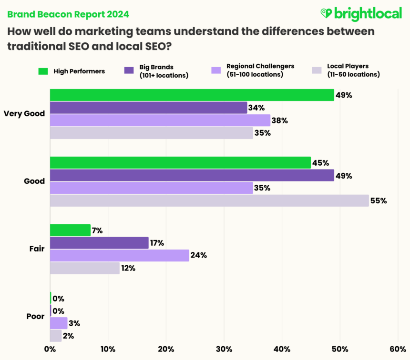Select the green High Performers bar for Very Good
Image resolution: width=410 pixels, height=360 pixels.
point(192,95)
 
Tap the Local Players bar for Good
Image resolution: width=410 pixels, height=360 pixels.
point(209,200)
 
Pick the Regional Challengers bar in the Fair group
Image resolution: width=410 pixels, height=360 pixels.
point(119,256)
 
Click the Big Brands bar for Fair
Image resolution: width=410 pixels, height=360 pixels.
point(99,243)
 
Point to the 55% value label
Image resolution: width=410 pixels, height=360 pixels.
point(379,201)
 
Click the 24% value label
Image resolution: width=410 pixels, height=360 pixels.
point(199,256)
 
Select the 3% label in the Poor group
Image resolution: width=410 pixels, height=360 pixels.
point(74,323)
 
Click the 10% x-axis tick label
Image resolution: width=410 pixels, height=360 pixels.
point(108,349)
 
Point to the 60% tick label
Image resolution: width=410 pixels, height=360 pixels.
point(398,349)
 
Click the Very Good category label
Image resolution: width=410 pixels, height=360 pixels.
point(24,114)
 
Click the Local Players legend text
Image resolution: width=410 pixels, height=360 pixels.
point(353,70)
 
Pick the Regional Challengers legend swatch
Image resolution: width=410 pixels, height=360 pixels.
point(216,70)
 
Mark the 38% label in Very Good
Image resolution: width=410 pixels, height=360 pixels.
point(280,120)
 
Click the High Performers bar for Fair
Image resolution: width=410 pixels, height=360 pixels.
point(70,230)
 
